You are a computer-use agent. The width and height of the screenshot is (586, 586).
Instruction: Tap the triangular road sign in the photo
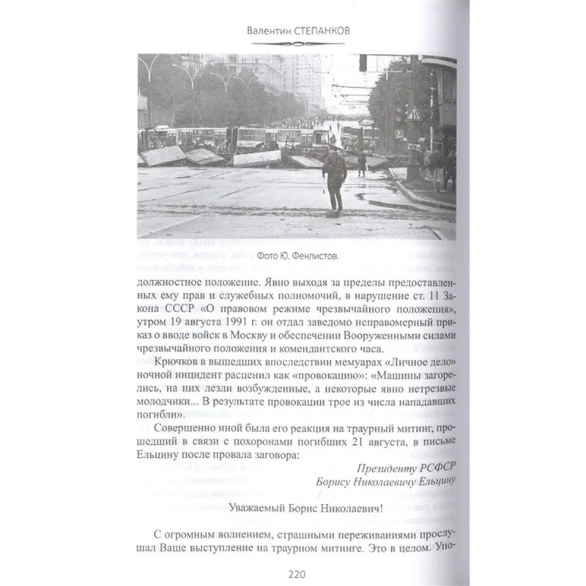(413, 113)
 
